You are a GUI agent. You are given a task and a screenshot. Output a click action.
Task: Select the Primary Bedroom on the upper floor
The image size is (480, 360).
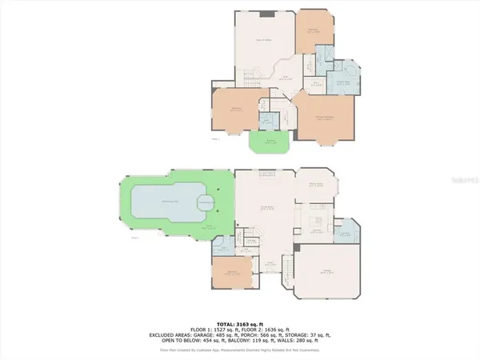coord(324,118)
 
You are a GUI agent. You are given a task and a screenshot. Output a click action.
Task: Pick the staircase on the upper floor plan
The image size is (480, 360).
coord(246,78)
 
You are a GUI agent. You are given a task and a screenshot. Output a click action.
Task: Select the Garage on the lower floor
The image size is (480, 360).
coord(325,272)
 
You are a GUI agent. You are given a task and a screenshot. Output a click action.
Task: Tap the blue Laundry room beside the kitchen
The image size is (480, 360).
coord(346,233)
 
